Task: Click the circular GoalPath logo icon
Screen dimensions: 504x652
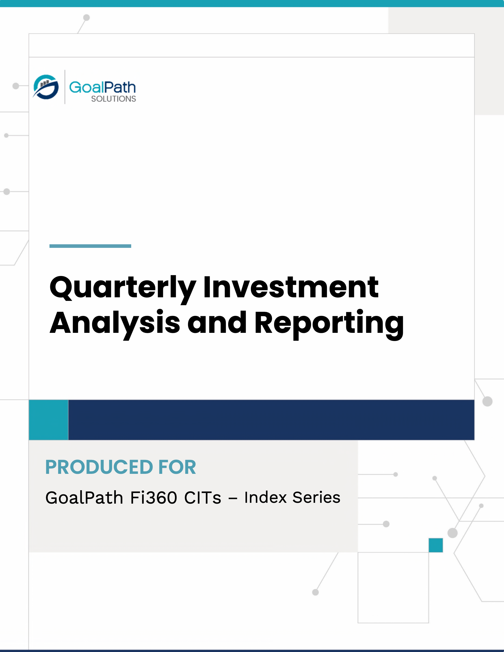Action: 46,87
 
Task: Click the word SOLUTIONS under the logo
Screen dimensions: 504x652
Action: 113,99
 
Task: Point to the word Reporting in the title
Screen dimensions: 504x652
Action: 329,324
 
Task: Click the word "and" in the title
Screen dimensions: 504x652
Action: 217,322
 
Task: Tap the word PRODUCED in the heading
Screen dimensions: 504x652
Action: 99,467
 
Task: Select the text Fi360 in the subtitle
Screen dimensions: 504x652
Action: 154,498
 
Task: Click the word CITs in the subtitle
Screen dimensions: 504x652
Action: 203,498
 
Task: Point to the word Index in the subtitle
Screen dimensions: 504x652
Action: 265,497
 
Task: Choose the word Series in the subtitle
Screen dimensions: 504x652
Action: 316,497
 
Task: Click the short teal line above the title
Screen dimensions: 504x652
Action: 90,246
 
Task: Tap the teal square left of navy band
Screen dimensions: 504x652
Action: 49,420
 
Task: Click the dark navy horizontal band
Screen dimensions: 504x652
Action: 271,420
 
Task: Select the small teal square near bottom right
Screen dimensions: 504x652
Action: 436,545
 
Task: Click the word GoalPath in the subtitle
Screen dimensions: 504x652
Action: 84,498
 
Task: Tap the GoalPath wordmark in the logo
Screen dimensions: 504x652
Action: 102,87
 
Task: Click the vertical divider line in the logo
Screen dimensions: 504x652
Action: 65,87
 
